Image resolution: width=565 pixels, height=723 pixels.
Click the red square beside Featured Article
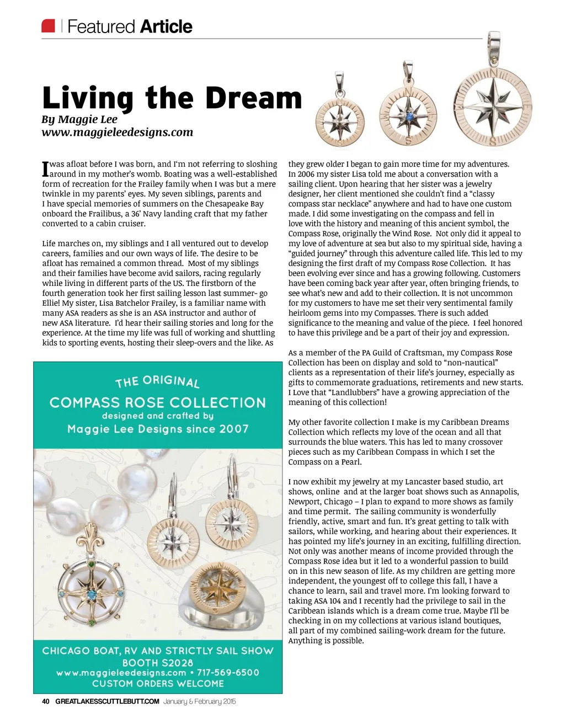(x=49, y=26)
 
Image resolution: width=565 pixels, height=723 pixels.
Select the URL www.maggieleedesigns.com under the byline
(x=117, y=132)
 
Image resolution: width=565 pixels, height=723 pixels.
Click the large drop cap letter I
(x=46, y=169)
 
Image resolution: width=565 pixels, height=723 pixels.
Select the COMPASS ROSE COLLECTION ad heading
(x=158, y=403)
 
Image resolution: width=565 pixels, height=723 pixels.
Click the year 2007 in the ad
(x=233, y=429)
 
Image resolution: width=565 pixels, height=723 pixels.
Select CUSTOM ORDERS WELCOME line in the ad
(x=158, y=684)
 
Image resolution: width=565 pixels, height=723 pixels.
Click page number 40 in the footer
(x=46, y=701)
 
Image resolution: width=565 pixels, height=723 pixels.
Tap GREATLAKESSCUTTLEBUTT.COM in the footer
(x=107, y=701)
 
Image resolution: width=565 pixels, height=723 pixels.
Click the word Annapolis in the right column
(x=499, y=492)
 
